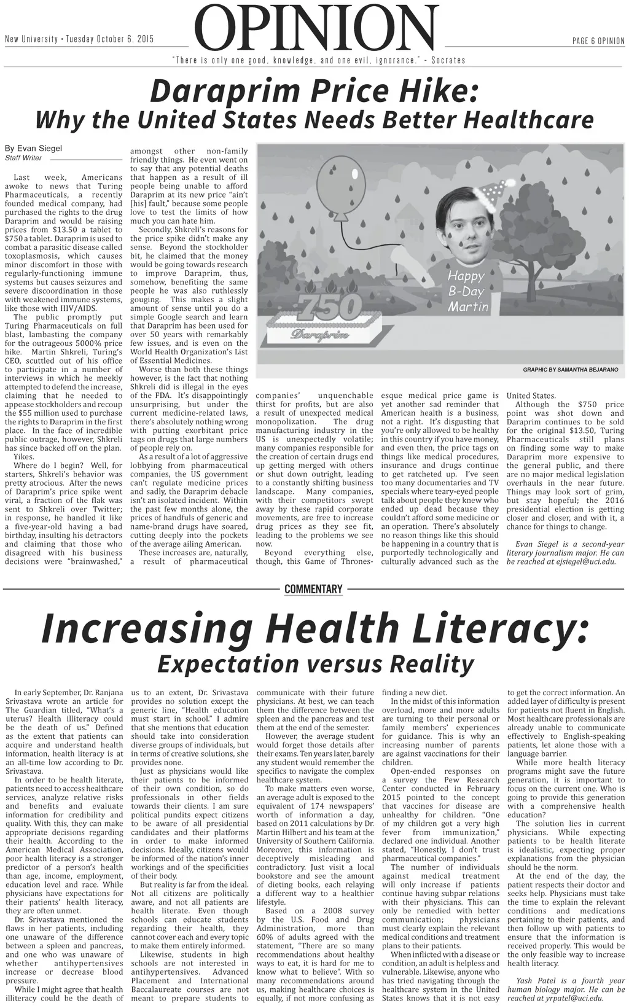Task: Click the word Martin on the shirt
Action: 467,306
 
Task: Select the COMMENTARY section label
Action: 313,589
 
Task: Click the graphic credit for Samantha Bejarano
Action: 571,370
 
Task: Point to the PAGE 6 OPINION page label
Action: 598,41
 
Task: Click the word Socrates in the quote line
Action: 448,60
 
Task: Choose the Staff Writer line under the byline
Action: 23,158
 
